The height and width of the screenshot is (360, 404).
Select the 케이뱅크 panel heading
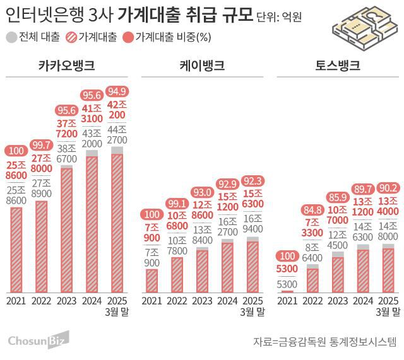coord(203,65)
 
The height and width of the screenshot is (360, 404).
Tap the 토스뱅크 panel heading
coord(337,65)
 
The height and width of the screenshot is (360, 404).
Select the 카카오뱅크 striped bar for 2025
coord(117,223)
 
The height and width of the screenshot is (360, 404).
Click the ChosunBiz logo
coord(32,342)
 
